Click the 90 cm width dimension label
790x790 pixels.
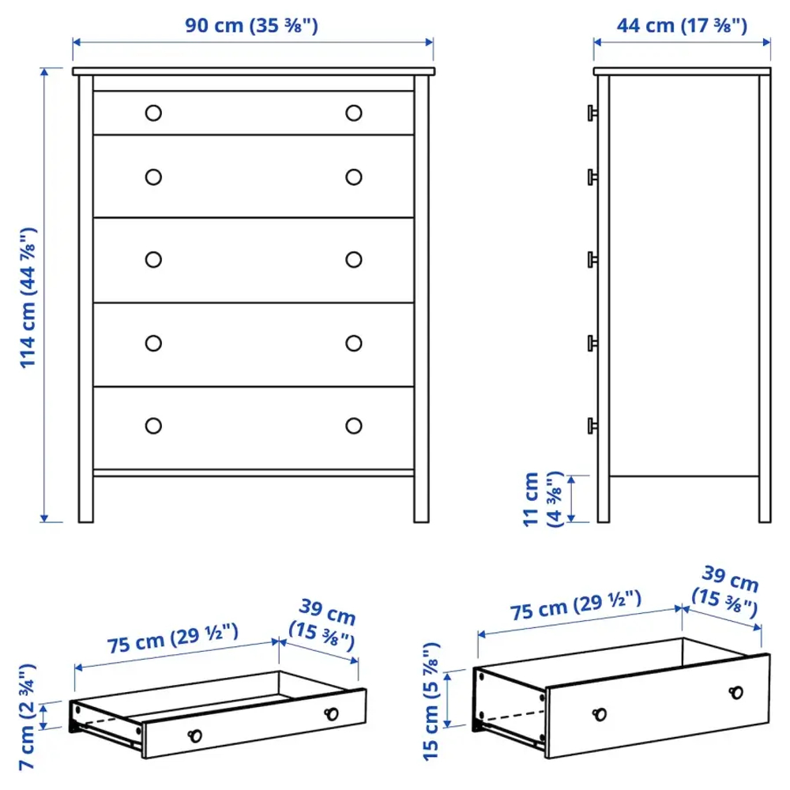[251, 25]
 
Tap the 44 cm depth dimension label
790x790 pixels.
[682, 25]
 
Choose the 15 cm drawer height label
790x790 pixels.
[430, 702]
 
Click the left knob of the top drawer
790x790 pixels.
[153, 113]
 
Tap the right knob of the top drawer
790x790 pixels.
[354, 113]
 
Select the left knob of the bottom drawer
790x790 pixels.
[153, 425]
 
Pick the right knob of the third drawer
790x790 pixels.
[354, 259]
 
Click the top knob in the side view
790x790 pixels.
[590, 112]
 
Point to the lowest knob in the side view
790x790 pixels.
[590, 425]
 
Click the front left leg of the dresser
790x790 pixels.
[85, 498]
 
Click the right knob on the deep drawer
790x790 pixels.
[737, 692]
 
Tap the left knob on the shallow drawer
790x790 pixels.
[194, 736]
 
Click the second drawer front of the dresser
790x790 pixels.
[254, 176]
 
